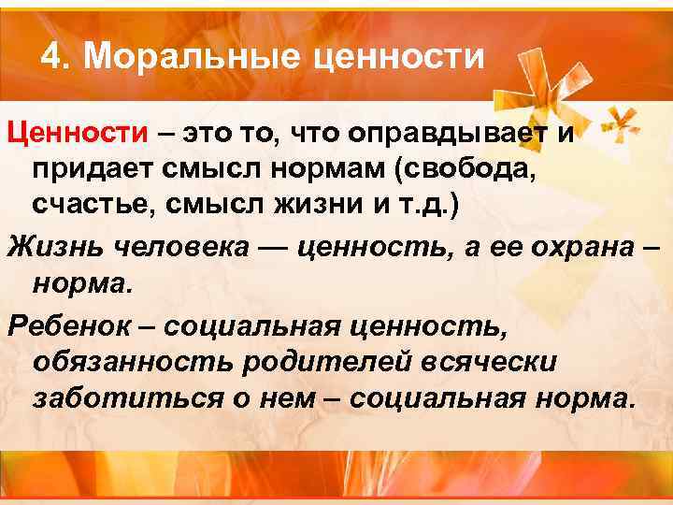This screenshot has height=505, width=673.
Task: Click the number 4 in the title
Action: tap(50, 58)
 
